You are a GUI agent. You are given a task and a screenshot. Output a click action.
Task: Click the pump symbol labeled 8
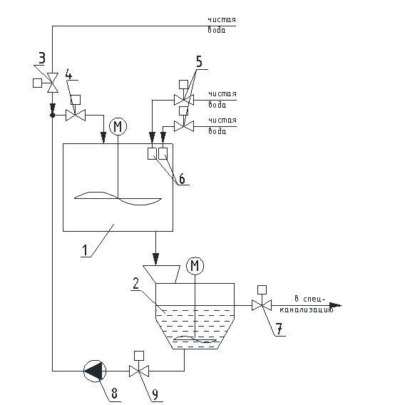click(x=95, y=371)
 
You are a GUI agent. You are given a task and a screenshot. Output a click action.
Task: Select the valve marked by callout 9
click(x=139, y=371)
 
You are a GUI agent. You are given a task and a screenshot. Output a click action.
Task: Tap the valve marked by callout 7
click(x=262, y=305)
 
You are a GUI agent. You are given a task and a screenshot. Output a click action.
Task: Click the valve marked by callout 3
click(x=53, y=83)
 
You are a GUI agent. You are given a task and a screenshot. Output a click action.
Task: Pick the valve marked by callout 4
click(x=76, y=115)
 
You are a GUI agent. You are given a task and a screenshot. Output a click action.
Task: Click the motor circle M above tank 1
click(x=118, y=127)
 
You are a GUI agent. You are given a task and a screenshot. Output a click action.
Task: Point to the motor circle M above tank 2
click(x=195, y=265)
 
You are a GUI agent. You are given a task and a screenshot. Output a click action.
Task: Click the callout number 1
click(x=85, y=250)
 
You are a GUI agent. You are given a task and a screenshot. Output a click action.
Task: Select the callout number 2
click(x=136, y=283)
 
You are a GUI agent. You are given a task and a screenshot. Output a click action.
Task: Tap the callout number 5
click(x=199, y=61)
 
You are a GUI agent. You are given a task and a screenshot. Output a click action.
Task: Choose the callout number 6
click(x=182, y=179)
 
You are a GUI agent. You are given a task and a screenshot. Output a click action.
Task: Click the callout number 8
click(x=114, y=394)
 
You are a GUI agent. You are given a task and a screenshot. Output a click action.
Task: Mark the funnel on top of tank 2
click(x=161, y=275)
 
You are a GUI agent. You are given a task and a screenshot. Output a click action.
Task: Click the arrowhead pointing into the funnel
click(x=155, y=259)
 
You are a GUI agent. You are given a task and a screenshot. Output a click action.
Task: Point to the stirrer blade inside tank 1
click(x=118, y=198)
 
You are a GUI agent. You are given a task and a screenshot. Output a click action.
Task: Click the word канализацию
click(x=307, y=309)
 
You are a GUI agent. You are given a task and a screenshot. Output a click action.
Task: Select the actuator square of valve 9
click(x=139, y=355)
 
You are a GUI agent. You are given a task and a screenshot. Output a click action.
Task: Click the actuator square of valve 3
click(x=38, y=83)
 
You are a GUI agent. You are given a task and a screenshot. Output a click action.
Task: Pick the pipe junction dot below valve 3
click(x=53, y=115)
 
